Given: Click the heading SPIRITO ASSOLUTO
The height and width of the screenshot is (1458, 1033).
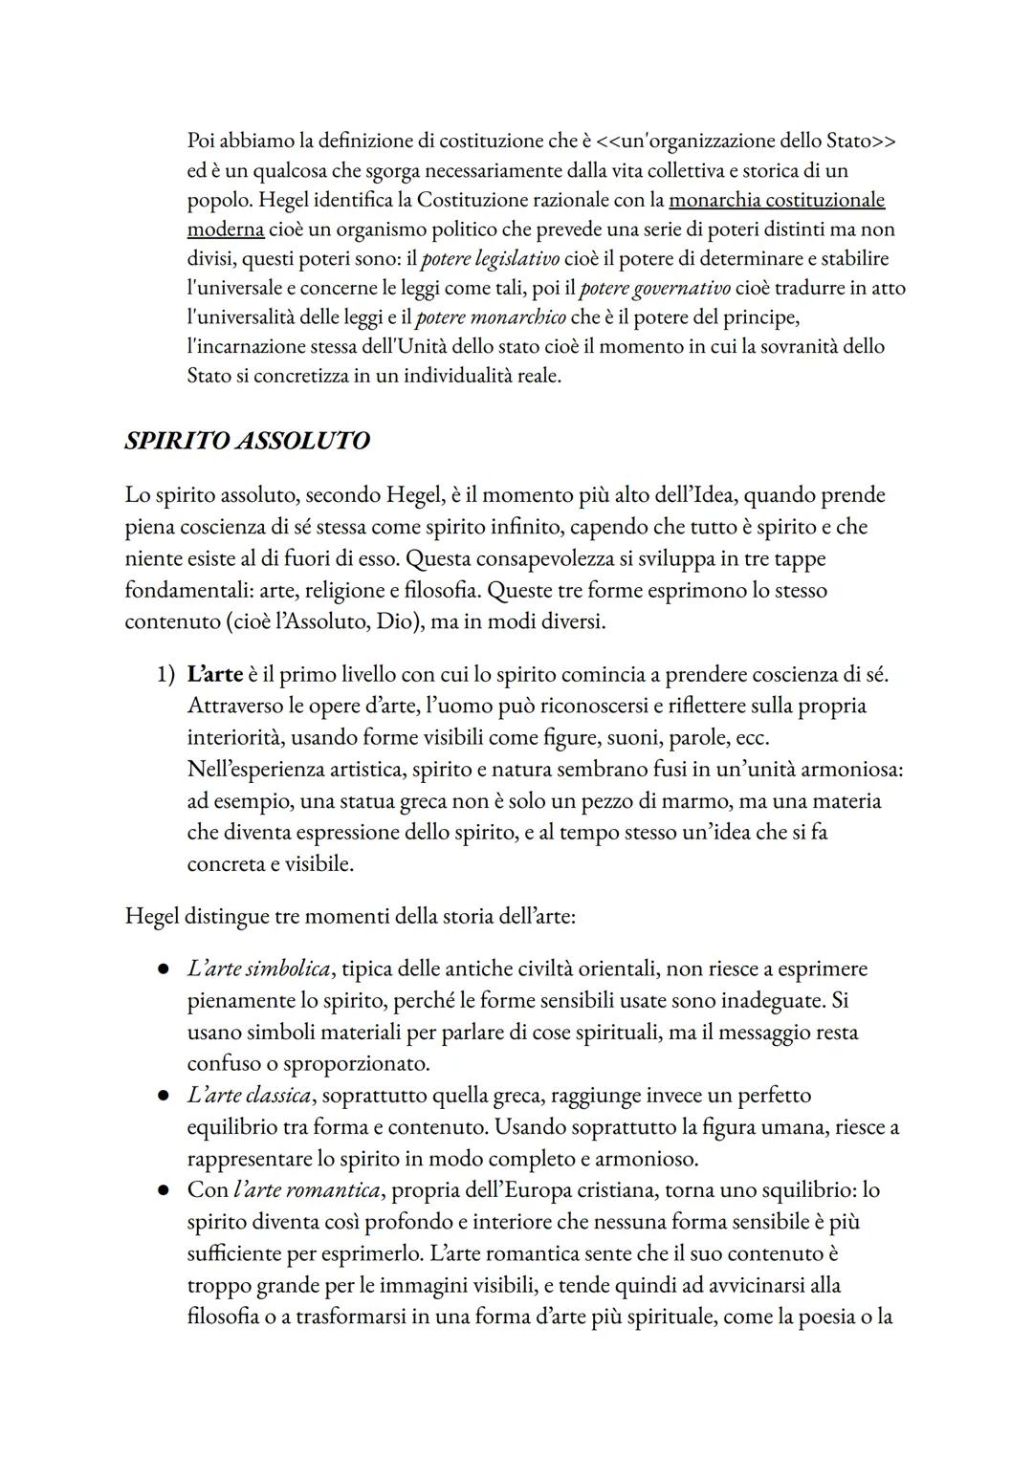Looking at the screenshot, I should (x=247, y=441).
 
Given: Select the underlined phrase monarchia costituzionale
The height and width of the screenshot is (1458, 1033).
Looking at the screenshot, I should (x=777, y=200).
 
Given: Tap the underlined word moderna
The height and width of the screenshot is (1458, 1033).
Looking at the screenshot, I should (x=225, y=229).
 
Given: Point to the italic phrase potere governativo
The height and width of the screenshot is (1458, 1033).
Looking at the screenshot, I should (x=655, y=288).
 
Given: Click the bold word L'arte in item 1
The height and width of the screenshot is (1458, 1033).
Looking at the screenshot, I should (x=214, y=674).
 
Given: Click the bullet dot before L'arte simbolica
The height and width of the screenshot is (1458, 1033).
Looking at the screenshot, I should (x=165, y=969).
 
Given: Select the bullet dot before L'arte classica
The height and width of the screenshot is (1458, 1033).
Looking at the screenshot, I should (x=165, y=1096).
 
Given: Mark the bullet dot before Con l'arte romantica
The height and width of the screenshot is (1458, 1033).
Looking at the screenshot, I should (x=165, y=1191).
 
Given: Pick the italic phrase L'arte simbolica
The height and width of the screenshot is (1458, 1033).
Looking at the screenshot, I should (x=259, y=968).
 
